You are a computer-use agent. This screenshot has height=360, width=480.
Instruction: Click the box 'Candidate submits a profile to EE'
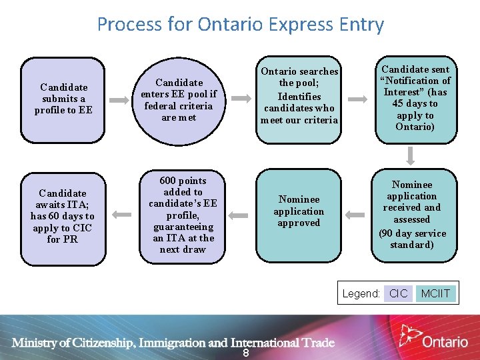pos(63,100)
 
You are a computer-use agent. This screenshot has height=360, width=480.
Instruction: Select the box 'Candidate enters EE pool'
pos(178,100)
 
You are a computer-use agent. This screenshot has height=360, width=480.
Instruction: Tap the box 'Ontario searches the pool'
pos(299,100)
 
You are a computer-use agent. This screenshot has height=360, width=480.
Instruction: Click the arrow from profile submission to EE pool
pos(120,100)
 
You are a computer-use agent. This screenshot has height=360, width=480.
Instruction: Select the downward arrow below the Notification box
pos(411,155)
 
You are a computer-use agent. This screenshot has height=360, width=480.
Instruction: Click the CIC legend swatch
pos(398,293)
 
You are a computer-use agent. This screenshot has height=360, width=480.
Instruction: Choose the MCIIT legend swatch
pos(435,293)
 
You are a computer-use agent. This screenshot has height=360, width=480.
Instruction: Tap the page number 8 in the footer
pos(245,353)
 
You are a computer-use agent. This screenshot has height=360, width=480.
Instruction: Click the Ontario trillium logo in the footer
pos(409,335)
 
